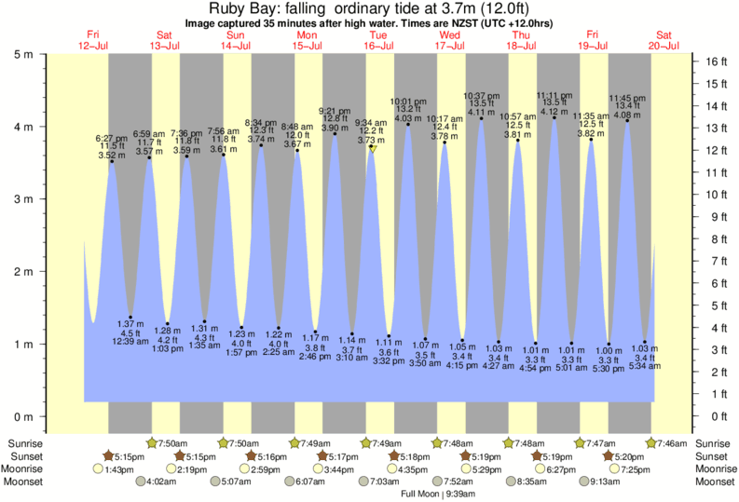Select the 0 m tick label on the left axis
[27, 416]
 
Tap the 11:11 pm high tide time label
[554, 95]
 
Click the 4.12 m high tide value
[554, 112]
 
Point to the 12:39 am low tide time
[130, 342]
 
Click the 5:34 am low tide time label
[645, 366]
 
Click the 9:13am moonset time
[608, 482]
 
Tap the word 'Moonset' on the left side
[27, 482]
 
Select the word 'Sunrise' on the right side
[715, 442]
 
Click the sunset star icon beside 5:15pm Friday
[108, 456]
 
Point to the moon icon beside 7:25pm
[614, 468]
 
